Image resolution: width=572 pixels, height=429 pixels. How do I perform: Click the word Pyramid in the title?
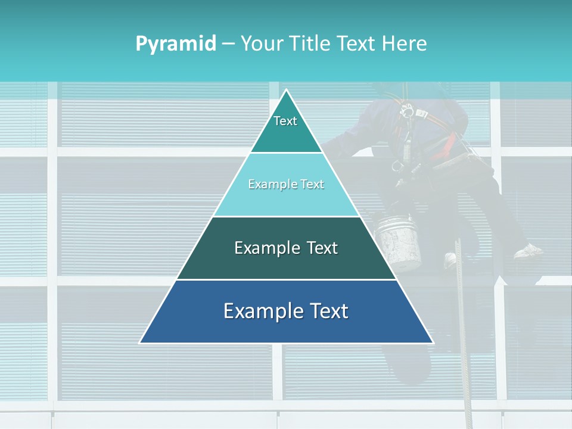176,43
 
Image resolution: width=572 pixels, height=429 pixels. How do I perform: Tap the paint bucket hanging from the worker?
397,241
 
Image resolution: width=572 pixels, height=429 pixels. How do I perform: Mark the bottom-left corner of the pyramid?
141,343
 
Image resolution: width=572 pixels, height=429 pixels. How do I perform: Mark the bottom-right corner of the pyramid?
433,343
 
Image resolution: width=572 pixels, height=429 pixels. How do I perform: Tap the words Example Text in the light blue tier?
286,184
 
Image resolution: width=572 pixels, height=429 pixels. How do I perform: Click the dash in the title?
228,43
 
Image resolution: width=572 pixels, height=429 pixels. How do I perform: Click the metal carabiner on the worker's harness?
408,110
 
